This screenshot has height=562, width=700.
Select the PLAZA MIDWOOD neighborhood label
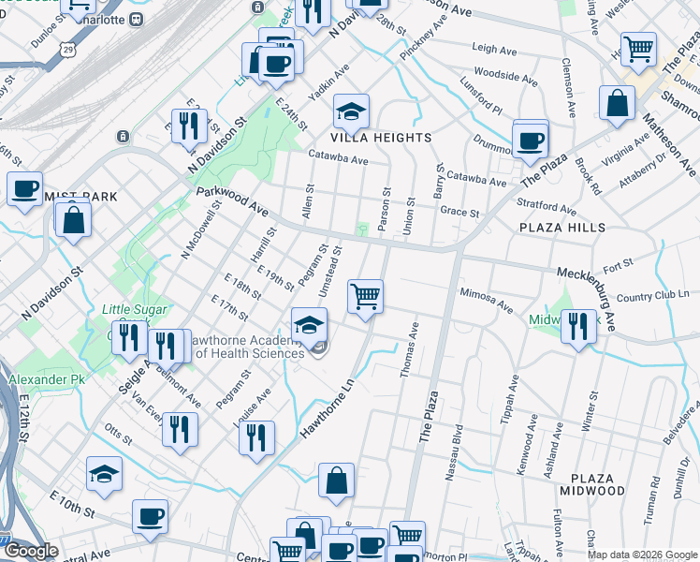tap(592, 491)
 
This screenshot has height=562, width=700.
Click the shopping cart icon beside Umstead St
tap(365, 297)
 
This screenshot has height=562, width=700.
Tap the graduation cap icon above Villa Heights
tap(351, 112)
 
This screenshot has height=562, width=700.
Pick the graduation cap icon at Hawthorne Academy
tap(309, 325)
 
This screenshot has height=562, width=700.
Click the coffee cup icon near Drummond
tap(531, 141)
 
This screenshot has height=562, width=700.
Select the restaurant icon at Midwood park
tap(578, 327)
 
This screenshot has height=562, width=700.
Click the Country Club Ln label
tap(652, 297)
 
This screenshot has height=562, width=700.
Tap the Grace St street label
tap(459, 213)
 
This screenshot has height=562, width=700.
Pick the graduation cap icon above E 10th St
tap(104, 475)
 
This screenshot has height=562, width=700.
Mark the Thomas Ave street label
tap(408, 352)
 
